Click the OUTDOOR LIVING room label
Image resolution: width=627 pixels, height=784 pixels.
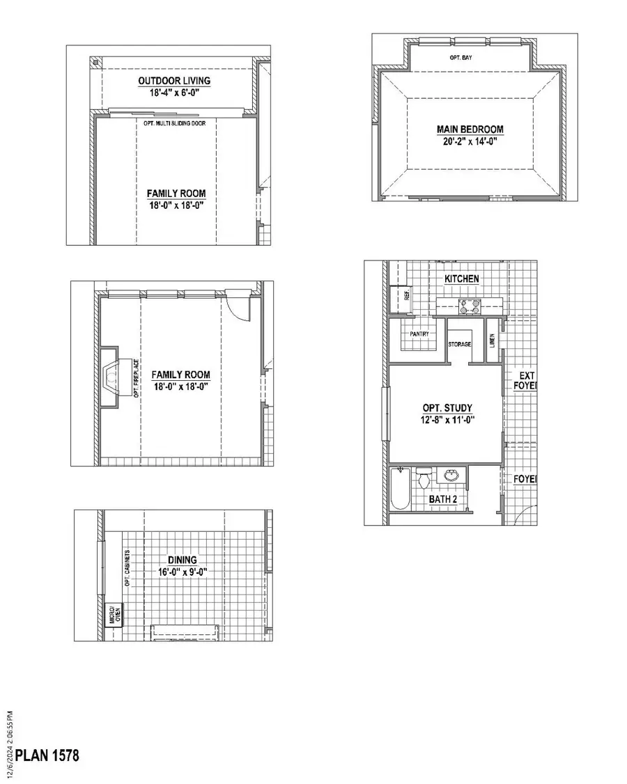point(173,81)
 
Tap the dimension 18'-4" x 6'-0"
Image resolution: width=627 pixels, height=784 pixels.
point(173,92)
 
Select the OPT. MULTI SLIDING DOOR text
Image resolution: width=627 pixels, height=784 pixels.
point(179,123)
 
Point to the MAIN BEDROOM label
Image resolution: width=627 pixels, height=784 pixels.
point(470,130)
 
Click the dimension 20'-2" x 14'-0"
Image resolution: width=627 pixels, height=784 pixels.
point(470,141)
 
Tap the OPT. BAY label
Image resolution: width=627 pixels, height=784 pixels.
point(460,58)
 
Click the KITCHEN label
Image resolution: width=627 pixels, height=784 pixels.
point(462,279)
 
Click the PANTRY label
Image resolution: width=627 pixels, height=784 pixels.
point(419,334)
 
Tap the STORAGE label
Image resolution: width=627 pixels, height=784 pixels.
point(460,345)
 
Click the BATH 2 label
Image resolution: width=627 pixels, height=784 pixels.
point(443,500)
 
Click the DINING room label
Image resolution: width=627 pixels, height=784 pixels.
point(182,560)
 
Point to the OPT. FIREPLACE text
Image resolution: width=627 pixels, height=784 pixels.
point(137,378)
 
